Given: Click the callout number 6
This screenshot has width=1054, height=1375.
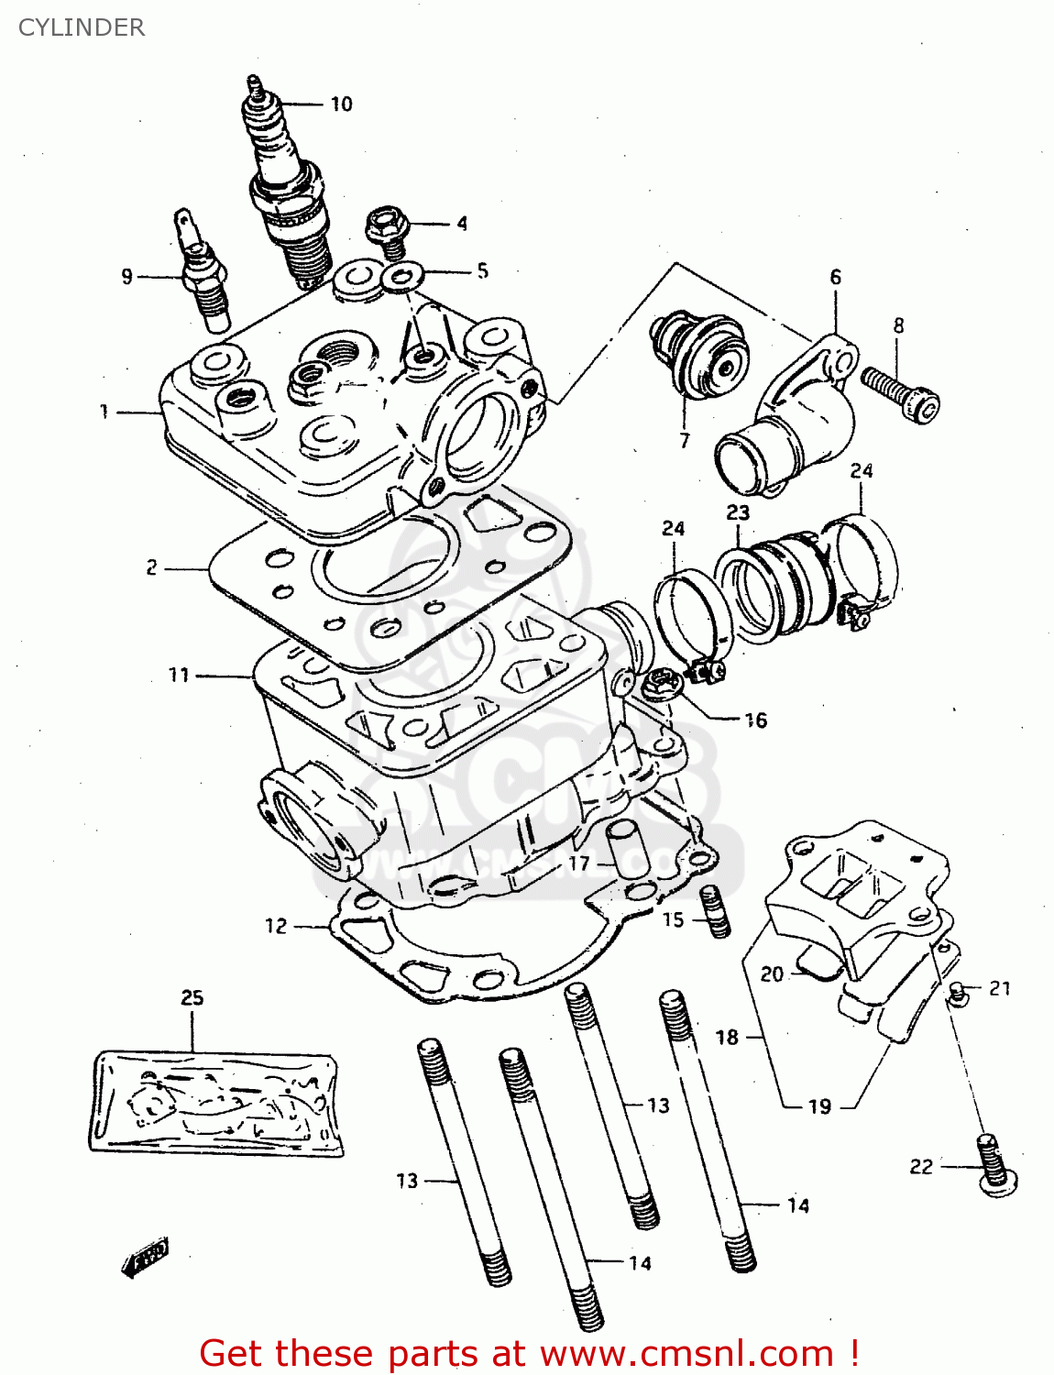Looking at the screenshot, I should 835,277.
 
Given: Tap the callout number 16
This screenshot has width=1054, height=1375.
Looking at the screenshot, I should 755,720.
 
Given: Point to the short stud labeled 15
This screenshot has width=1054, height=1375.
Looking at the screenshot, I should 715,912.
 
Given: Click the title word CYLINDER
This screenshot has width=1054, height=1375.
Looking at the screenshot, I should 81,27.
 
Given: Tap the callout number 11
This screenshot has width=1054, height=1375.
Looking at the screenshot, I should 179,676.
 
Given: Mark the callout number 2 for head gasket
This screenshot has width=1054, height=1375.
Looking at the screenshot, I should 151,568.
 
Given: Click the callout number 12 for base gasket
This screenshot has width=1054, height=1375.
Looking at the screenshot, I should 276,926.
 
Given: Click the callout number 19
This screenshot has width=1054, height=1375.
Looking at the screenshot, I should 819,1106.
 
